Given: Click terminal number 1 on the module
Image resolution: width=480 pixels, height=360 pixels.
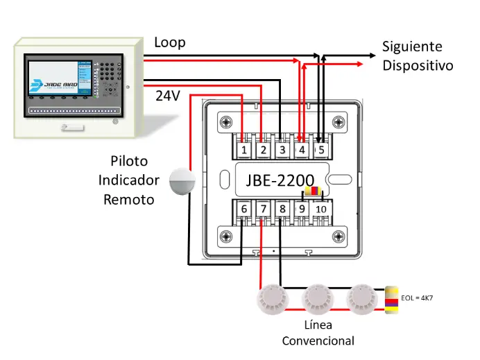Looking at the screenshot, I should click(x=243, y=149).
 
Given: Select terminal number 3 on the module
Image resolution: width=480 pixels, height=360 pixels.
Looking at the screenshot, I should click(x=281, y=149).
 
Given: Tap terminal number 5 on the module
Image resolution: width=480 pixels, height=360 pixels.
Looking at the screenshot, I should click(x=320, y=149).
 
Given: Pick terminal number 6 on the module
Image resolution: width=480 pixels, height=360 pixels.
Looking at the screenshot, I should click(x=243, y=209).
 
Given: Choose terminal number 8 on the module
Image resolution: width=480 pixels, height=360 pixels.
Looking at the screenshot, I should click(x=281, y=209).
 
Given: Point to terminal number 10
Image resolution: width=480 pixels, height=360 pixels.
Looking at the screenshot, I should click(x=320, y=209).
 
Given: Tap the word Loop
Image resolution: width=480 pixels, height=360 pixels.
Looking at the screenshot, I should click(x=169, y=42).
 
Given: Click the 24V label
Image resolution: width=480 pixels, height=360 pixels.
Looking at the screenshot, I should click(x=168, y=96).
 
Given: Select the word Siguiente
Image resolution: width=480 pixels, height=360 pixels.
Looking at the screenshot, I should click(x=412, y=47).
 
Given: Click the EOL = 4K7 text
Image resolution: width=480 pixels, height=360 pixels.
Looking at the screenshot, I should click(x=422, y=298).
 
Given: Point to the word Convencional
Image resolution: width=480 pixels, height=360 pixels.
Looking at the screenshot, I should click(x=318, y=341).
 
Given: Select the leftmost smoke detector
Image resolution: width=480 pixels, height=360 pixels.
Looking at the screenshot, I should click(x=271, y=298).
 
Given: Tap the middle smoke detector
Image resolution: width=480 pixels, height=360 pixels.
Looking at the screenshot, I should click(x=318, y=298).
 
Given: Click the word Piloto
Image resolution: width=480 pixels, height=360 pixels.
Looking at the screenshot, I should click(x=128, y=161).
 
